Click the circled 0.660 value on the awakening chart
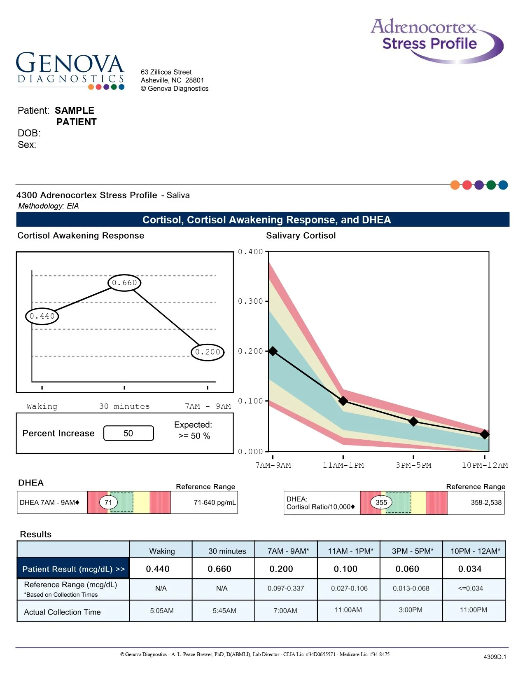(x=124, y=283)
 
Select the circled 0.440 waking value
(x=42, y=316)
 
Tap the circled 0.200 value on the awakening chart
(x=208, y=352)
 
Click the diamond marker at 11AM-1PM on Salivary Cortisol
(x=343, y=401)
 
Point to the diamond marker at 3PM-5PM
(x=413, y=421)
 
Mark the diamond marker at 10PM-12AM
(x=485, y=434)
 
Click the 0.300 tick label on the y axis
(x=250, y=301)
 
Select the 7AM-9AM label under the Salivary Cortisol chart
(x=273, y=465)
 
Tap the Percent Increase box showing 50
(x=128, y=433)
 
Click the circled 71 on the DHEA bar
(x=108, y=502)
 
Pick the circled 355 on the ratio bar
(x=381, y=502)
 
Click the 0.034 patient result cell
(x=470, y=569)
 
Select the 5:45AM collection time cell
(x=224, y=611)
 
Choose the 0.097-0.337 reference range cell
(x=286, y=589)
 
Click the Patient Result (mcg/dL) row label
(x=73, y=569)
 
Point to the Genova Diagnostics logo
(x=70, y=70)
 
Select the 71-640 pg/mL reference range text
(x=215, y=502)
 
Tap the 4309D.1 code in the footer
(x=495, y=657)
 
